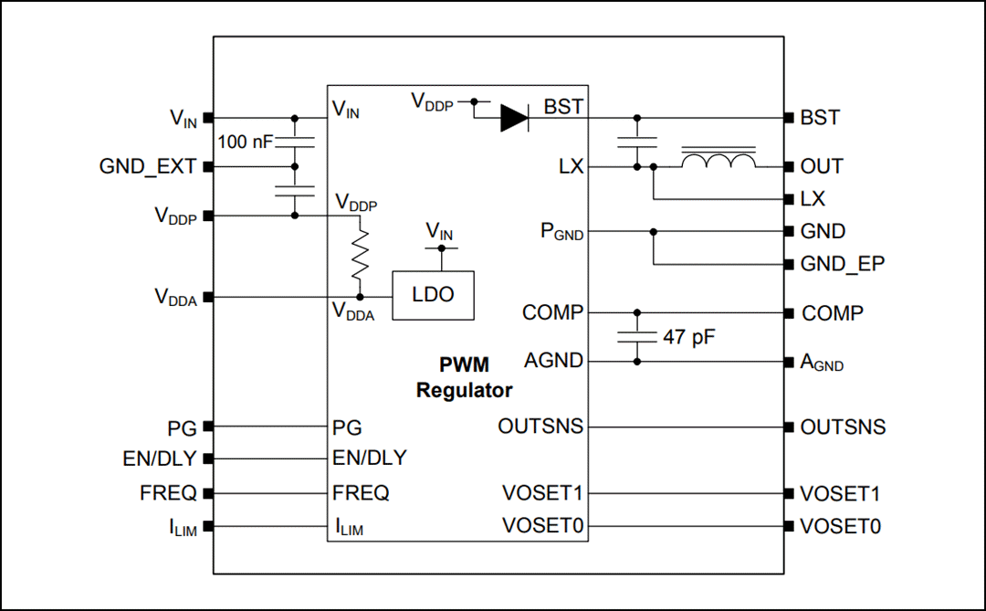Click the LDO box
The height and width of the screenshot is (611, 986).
(x=433, y=295)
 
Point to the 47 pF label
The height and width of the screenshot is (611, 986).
(x=689, y=337)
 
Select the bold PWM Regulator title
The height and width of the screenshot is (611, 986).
(x=464, y=377)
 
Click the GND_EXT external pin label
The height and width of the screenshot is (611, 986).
(x=147, y=166)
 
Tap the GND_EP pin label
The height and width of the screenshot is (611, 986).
(x=842, y=265)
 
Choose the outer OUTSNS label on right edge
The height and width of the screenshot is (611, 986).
(x=842, y=427)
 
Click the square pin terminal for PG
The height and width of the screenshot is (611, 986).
(x=208, y=427)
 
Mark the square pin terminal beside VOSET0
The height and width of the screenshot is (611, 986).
(x=789, y=526)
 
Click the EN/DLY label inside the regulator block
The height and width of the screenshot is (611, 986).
(x=370, y=458)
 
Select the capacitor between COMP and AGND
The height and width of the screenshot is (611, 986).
(x=637, y=337)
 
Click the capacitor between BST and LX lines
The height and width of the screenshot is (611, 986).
(x=637, y=142)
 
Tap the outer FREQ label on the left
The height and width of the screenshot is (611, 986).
(x=169, y=493)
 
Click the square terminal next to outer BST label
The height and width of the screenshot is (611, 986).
(x=789, y=118)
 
